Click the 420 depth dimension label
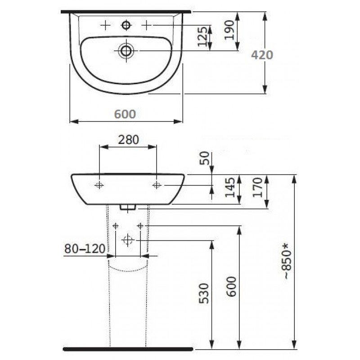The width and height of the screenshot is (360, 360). pos(262,55)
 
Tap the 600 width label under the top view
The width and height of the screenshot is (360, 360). pos(125,114)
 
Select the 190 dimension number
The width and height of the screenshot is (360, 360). pos(229,30)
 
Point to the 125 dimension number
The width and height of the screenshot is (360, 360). pos(202,36)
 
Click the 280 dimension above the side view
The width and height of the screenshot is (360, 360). pos(128,139)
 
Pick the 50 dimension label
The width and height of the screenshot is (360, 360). pos(205,158)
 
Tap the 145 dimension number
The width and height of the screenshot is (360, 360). pos(230,187)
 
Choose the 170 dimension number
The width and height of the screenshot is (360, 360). pos(257,187)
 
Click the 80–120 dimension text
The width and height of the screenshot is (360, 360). pos(85,248)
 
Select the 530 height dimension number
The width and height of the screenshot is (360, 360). pos(204,293)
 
